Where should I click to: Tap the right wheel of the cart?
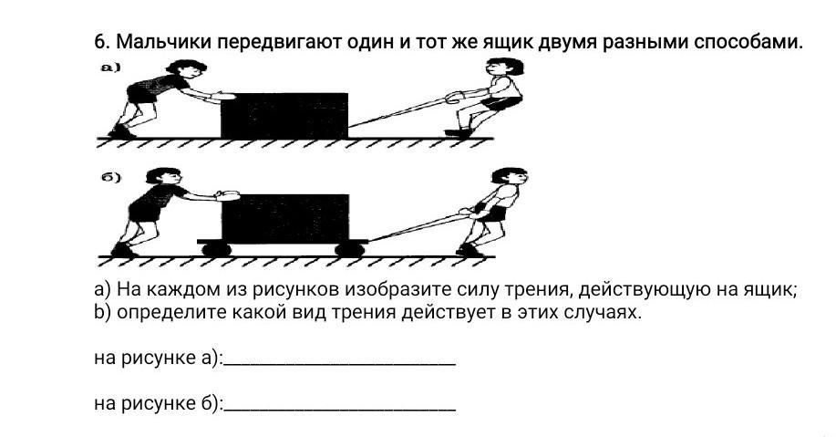pyautogui.click(x=347, y=247)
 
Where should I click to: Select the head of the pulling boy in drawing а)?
pyautogui.click(x=501, y=68)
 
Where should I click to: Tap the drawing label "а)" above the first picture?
pyautogui.click(x=109, y=68)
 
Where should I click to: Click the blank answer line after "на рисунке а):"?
pyautogui.click(x=339, y=363)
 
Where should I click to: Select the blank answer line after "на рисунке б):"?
pyautogui.click(x=339, y=408)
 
